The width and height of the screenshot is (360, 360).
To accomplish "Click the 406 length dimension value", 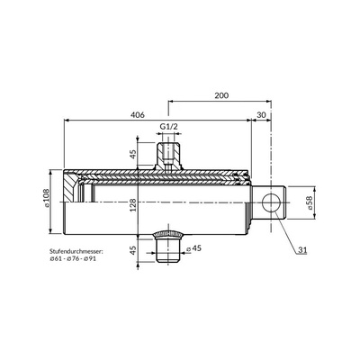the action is pyautogui.click(x=138, y=115).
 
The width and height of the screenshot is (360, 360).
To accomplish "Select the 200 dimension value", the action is pyautogui.click(x=221, y=95).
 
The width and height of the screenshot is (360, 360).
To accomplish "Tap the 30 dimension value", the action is pyautogui.click(x=262, y=115).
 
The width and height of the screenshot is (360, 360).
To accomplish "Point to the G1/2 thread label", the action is pyautogui.click(x=168, y=127).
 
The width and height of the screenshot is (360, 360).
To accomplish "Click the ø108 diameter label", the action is pyautogui.click(x=47, y=198).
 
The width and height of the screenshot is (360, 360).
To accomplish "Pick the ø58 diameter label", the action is pyautogui.click(x=309, y=202).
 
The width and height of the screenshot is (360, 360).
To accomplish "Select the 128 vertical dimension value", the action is pyautogui.click(x=133, y=205).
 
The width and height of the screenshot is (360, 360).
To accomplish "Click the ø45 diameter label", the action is pyautogui.click(x=193, y=248).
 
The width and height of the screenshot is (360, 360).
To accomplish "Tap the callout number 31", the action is pyautogui.click(x=302, y=250).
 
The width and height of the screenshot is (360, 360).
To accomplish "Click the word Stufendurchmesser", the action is pyautogui.click(x=76, y=251).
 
